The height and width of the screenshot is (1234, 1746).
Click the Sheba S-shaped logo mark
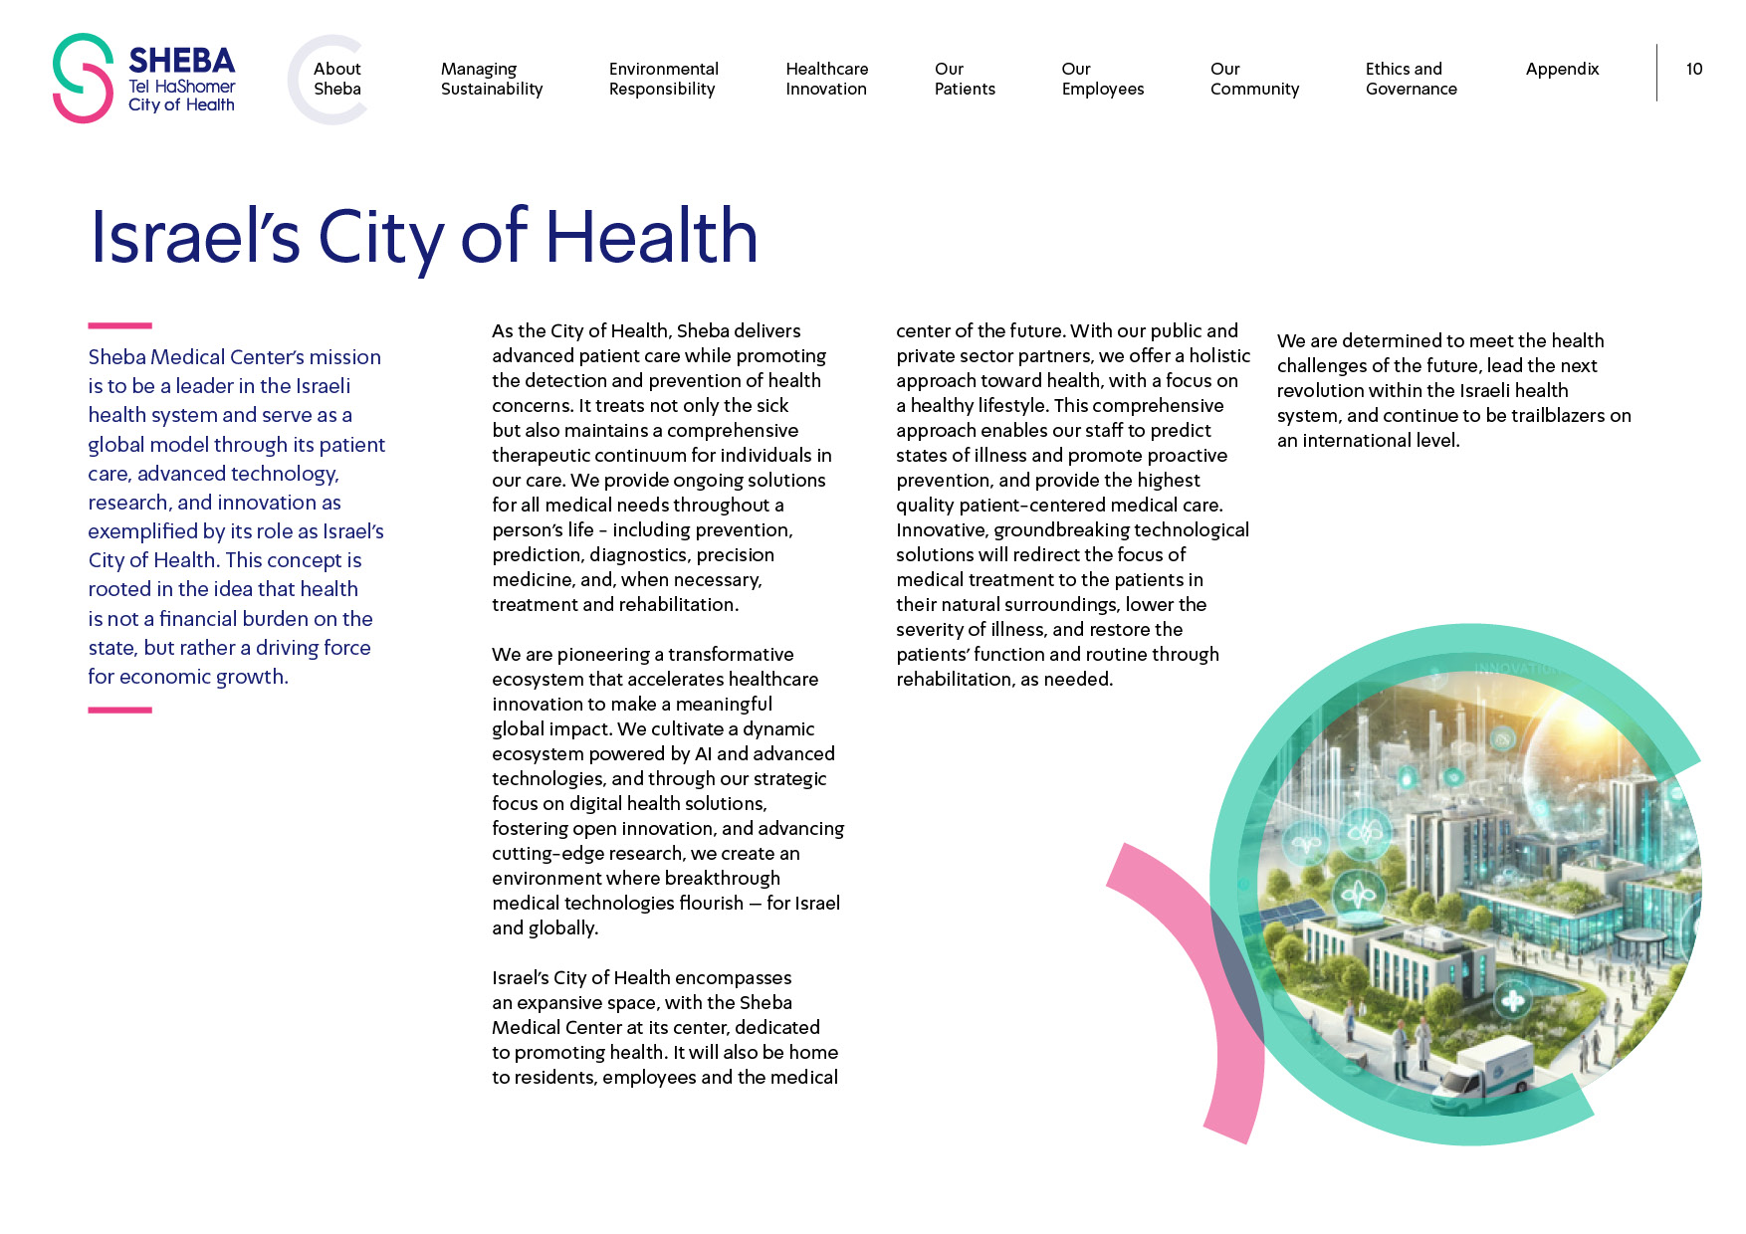[x=83, y=79]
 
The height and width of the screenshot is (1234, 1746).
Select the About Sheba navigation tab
[x=336, y=79]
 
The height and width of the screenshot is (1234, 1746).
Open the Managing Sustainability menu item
[x=491, y=79]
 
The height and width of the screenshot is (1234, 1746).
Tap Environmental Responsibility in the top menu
[x=663, y=79]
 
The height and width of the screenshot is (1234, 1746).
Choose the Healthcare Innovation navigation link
[x=826, y=79]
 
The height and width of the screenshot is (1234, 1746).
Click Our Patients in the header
[x=964, y=79]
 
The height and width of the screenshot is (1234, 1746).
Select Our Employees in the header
[x=1102, y=79]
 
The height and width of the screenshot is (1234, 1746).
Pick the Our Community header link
[x=1254, y=79]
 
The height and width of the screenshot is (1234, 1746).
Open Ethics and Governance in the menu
[x=1411, y=79]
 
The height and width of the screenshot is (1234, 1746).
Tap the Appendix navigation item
[x=1562, y=69]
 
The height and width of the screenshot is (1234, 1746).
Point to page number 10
[x=1693, y=69]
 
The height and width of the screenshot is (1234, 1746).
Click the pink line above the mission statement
[x=119, y=325]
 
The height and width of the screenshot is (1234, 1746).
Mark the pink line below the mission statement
[x=119, y=710]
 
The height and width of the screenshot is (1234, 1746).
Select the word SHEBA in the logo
[x=181, y=61]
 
